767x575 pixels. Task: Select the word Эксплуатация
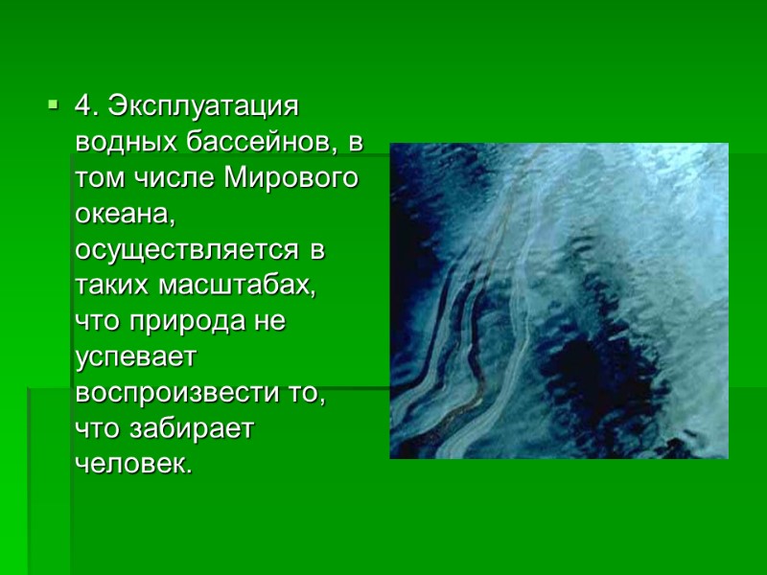[x=206, y=103]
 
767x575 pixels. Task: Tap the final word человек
[x=132, y=467]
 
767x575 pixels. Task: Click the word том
[x=95, y=177]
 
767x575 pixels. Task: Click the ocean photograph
[x=558, y=300]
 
